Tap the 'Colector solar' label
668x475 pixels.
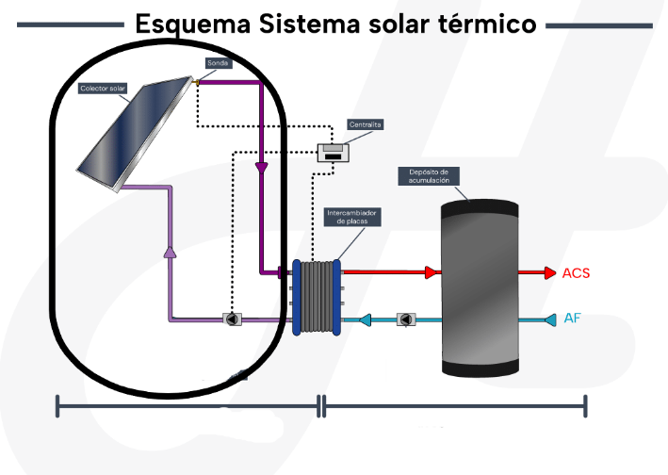pyautogui.click(x=104, y=89)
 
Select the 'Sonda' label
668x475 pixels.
pyautogui.click(x=218, y=63)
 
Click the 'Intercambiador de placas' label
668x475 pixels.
pyautogui.click(x=351, y=217)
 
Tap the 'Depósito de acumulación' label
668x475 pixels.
pyautogui.click(x=429, y=176)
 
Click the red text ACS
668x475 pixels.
pyautogui.click(x=576, y=273)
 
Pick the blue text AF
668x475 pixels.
pyautogui.click(x=572, y=319)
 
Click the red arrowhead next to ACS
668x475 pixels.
pyautogui.click(x=549, y=273)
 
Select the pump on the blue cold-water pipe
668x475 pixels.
pyautogui.click(x=405, y=319)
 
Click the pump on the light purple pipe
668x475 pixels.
pyautogui.click(x=232, y=319)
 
